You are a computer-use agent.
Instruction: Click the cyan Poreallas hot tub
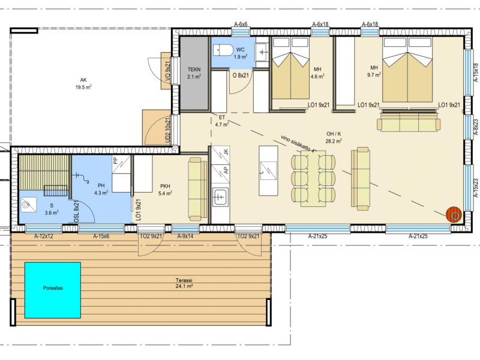click(x=53, y=290)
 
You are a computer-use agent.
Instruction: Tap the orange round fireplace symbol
click(x=454, y=215)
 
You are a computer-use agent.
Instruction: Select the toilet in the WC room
click(x=223, y=50)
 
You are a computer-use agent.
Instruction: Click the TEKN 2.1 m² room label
click(x=194, y=73)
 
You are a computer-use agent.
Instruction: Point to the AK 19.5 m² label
click(x=83, y=83)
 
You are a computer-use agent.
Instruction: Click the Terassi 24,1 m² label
click(x=184, y=283)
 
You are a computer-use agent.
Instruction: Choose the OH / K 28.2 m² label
click(x=334, y=137)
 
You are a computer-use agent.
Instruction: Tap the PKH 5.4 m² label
click(x=165, y=190)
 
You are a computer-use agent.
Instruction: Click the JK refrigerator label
click(x=226, y=152)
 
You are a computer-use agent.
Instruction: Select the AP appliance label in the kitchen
click(x=226, y=170)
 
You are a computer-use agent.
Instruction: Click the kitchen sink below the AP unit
click(x=220, y=197)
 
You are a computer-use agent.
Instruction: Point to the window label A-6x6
click(x=241, y=24)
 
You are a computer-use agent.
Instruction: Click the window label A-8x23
click(x=476, y=127)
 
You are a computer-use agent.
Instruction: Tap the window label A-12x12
click(x=44, y=236)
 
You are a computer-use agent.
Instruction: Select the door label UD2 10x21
click(x=168, y=130)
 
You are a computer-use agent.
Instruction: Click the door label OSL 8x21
click(x=77, y=211)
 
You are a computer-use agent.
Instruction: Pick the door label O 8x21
click(x=241, y=75)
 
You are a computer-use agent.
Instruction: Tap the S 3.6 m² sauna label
click(x=52, y=209)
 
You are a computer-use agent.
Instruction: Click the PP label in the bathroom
click(x=115, y=160)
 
